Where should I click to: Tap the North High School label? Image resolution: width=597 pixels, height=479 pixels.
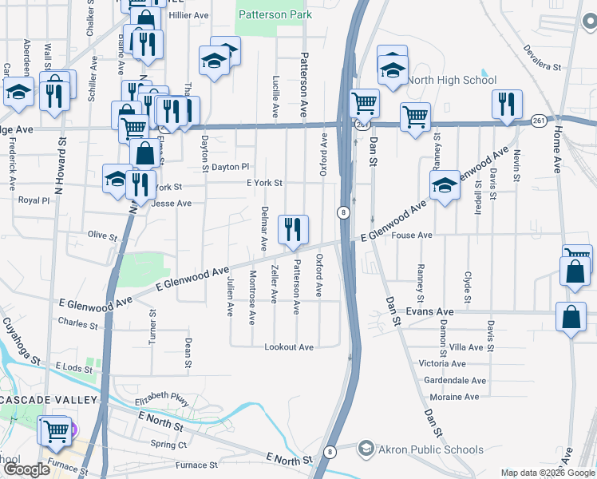(x=452, y=80)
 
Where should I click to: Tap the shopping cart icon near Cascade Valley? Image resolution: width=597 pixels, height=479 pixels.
(x=55, y=431)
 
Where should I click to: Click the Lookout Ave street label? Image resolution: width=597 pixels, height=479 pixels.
(x=289, y=347)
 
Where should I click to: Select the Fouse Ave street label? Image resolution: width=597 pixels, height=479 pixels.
(x=413, y=236)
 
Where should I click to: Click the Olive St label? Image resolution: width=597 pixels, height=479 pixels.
(x=102, y=236)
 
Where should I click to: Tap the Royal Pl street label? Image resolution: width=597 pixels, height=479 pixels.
(x=34, y=201)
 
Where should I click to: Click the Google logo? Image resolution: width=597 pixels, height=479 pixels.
(x=28, y=469)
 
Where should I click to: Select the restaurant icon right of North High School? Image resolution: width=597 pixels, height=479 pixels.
(x=508, y=105)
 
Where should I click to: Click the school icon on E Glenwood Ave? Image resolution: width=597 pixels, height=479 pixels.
(x=445, y=186)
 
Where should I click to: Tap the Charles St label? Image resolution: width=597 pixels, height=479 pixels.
(x=78, y=323)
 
